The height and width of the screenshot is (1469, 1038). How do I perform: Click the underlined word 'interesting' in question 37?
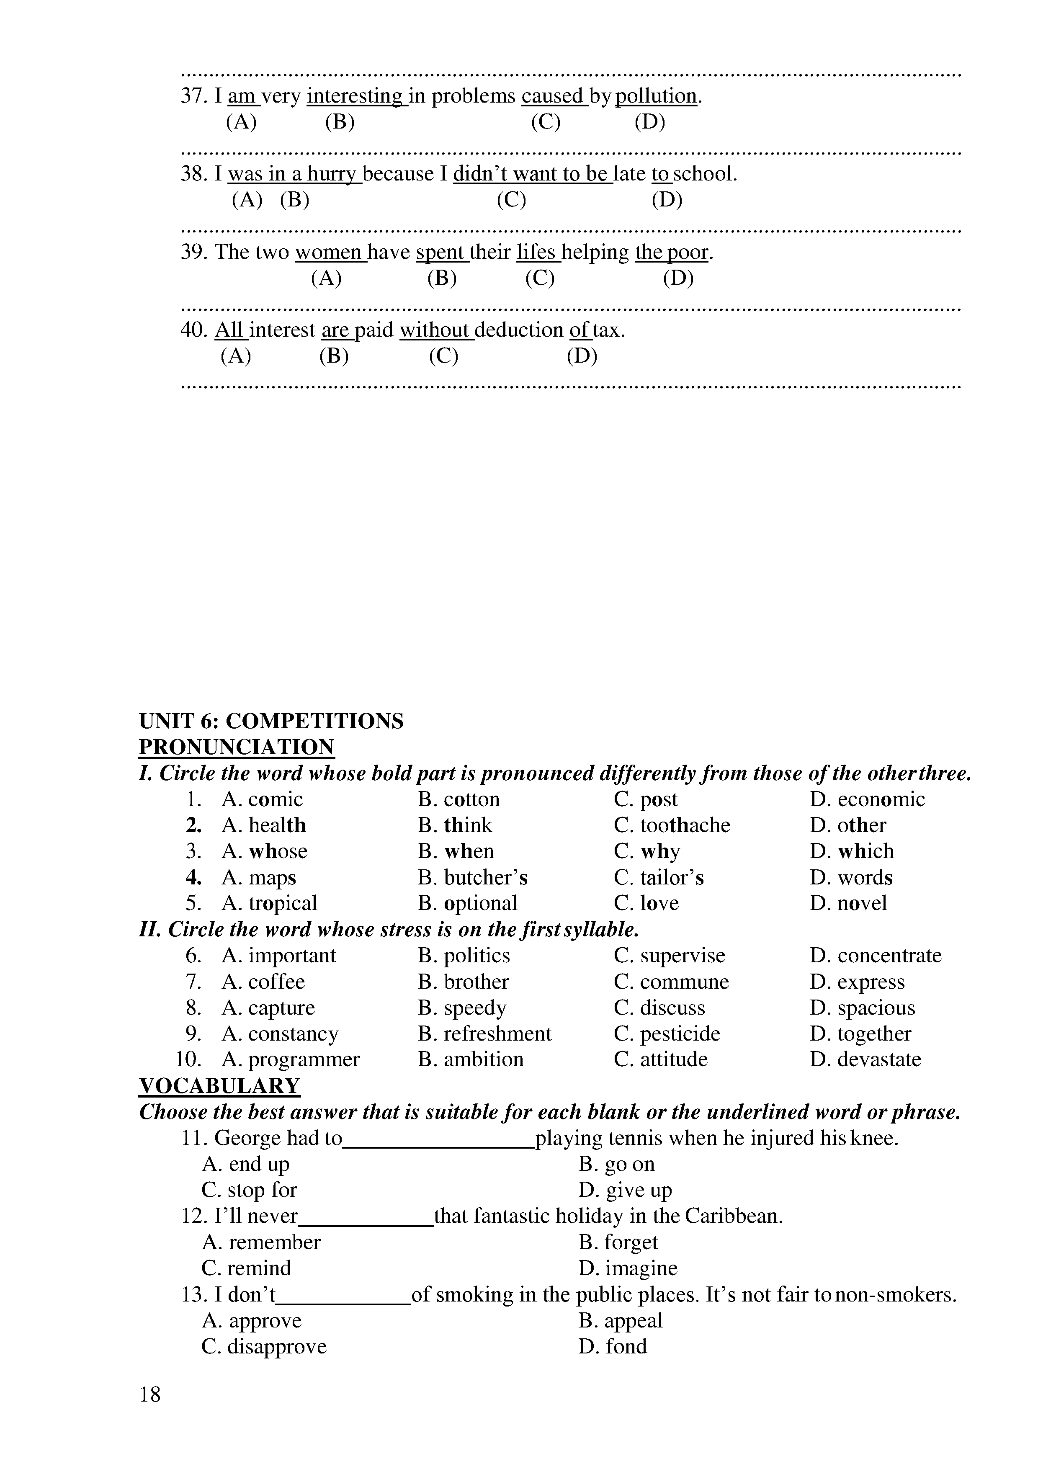pos(355,96)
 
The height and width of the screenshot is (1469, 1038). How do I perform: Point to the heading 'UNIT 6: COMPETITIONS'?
pos(271,721)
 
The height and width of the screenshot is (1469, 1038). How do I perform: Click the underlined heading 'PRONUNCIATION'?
pos(237,747)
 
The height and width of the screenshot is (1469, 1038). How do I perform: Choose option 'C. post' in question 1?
pos(645,800)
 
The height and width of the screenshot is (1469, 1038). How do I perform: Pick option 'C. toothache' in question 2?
pos(672,825)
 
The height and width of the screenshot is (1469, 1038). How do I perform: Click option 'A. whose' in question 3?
pos(264,852)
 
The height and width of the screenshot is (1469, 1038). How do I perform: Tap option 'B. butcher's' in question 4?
pos(473,878)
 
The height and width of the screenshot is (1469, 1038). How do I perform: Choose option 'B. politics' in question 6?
pos(464,956)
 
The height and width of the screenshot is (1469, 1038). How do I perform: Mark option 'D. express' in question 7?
pos(857,982)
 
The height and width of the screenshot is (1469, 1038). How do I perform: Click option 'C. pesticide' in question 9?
pos(667,1034)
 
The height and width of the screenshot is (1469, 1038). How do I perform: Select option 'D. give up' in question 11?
pos(625,1190)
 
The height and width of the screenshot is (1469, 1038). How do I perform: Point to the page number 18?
pos(150,1395)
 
